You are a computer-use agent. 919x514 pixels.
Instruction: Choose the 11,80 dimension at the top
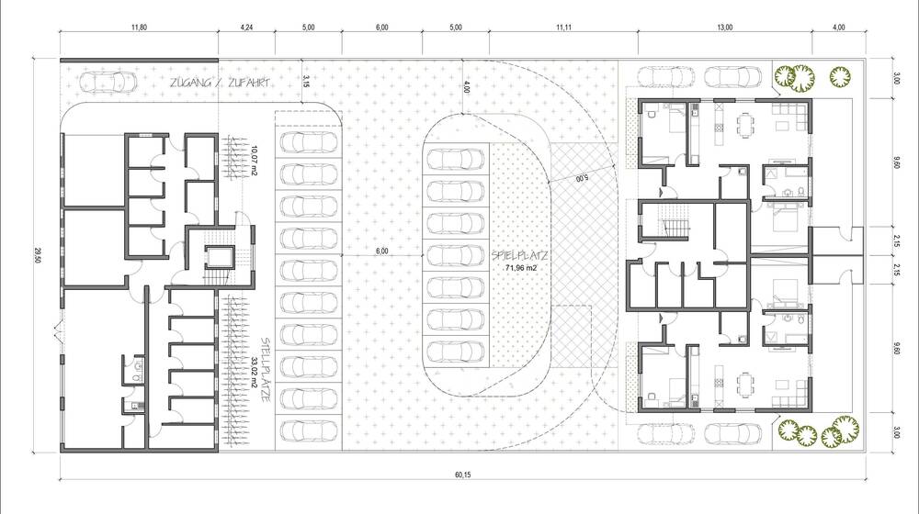pos(139,28)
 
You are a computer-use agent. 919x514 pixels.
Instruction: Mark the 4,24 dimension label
pos(246,28)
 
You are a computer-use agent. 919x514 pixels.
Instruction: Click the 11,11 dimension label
pos(564,28)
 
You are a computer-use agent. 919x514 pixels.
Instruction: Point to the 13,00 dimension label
pos(724,28)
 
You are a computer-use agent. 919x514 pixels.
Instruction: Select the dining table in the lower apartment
pos(744,378)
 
